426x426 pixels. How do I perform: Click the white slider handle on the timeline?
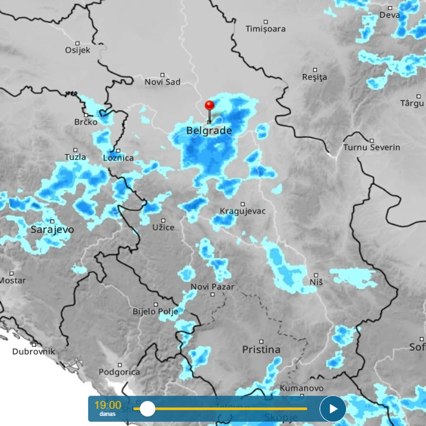(x=147, y=409)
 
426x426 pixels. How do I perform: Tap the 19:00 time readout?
(x=108, y=405)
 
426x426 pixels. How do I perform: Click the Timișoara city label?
(x=266, y=29)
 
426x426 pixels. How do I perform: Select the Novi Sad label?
(x=162, y=82)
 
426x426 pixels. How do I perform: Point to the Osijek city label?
(x=77, y=50)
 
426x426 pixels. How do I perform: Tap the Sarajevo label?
(x=52, y=230)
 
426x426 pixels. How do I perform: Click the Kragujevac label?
(x=242, y=211)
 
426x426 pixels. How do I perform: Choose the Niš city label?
(x=316, y=282)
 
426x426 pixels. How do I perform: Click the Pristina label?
(x=261, y=349)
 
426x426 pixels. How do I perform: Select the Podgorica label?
(x=119, y=372)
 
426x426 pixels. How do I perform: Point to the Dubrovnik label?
(x=34, y=351)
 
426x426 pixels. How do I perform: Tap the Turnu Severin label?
(x=372, y=148)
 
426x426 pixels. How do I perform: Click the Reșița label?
(x=315, y=77)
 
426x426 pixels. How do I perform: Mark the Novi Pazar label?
(x=213, y=287)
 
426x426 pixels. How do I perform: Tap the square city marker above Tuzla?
(x=75, y=150)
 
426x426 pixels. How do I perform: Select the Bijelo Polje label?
(x=155, y=311)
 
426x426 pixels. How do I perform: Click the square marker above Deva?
(x=390, y=8)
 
